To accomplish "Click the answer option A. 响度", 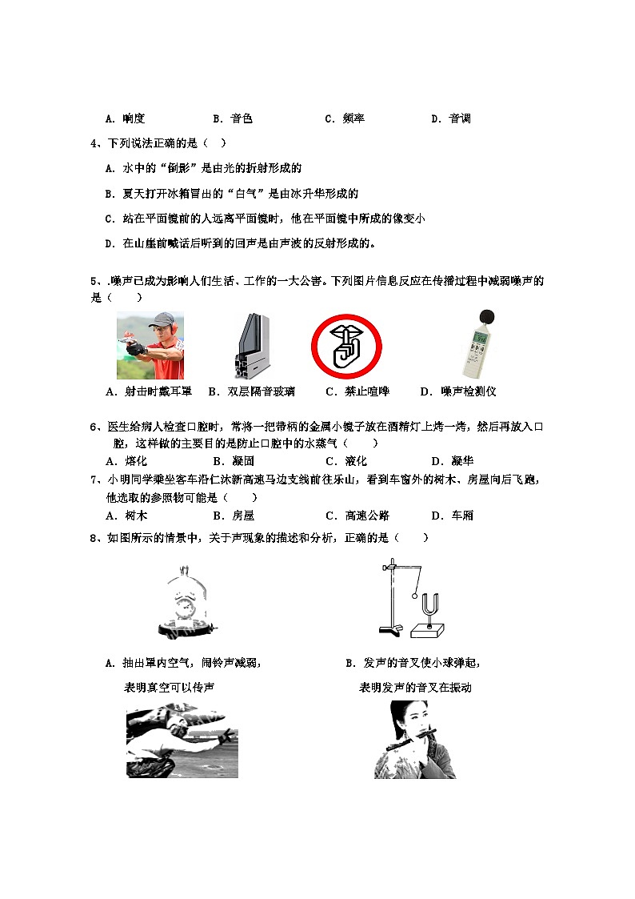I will tap(125, 118).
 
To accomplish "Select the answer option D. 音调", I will tap(450, 118).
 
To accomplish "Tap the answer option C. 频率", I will tap(345, 118).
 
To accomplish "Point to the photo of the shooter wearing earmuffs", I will tap(150, 345).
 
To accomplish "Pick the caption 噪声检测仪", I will tap(458, 391).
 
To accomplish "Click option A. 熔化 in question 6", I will tap(126, 461).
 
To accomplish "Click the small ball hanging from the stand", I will tap(414, 595).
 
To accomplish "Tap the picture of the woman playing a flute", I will tap(414, 739).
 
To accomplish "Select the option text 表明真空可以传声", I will tap(169, 688).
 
